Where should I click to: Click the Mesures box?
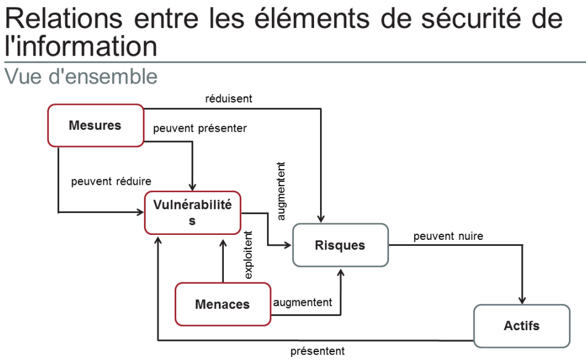(95, 126)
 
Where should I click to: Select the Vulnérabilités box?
(192, 213)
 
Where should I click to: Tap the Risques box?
(340, 245)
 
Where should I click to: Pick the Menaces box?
(223, 304)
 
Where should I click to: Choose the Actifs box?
(521, 326)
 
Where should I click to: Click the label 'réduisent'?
(229, 98)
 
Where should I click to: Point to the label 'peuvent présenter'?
(199, 129)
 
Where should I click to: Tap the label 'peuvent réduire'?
(111, 181)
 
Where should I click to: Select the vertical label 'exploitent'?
(248, 255)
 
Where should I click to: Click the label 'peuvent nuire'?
(448, 236)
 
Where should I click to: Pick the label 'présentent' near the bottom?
(317, 351)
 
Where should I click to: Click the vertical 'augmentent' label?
(281, 190)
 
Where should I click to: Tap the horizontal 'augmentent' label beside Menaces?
(302, 302)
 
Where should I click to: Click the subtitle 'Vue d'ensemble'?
(80, 77)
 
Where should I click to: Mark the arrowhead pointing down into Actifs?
(522, 300)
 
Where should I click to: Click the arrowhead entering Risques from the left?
(289, 245)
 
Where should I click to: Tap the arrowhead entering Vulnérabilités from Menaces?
(223, 240)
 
